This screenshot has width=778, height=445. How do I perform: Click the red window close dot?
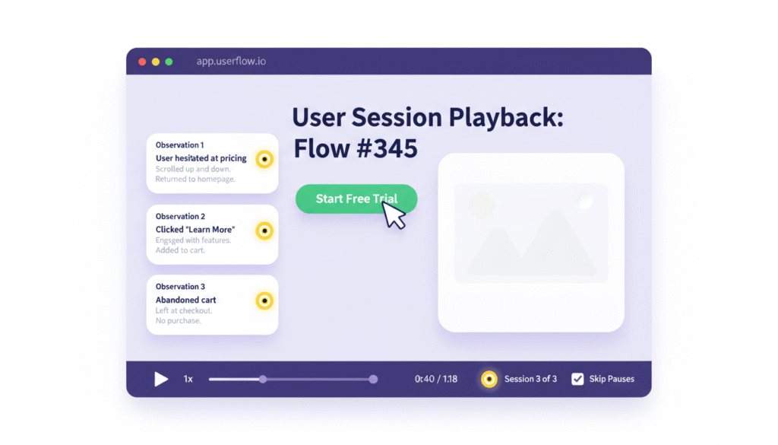(142, 62)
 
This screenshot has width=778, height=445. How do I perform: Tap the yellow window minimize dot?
(156, 62)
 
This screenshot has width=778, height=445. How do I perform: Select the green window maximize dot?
(169, 62)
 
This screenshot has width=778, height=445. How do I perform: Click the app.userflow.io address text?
(231, 62)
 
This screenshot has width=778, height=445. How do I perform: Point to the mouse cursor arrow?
(393, 215)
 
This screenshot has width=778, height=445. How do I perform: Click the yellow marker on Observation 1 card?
(264, 159)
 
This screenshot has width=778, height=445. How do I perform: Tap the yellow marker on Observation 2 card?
(264, 230)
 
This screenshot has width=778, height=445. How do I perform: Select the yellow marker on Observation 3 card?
(264, 301)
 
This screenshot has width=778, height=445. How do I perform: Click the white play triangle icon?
(161, 379)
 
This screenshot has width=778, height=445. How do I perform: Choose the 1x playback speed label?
(188, 379)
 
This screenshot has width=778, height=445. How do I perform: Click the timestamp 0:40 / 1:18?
(436, 379)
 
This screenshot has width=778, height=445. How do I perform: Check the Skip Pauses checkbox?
(577, 379)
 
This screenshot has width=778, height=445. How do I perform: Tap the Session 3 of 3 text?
(530, 379)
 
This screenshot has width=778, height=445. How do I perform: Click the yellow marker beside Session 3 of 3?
(489, 379)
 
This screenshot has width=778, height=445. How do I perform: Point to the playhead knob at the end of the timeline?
(373, 379)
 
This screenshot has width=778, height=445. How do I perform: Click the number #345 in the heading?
(386, 148)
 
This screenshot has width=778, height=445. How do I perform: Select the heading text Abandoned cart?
(186, 300)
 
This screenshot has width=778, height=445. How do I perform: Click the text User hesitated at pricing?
(201, 158)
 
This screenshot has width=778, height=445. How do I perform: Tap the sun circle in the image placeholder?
(481, 203)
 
